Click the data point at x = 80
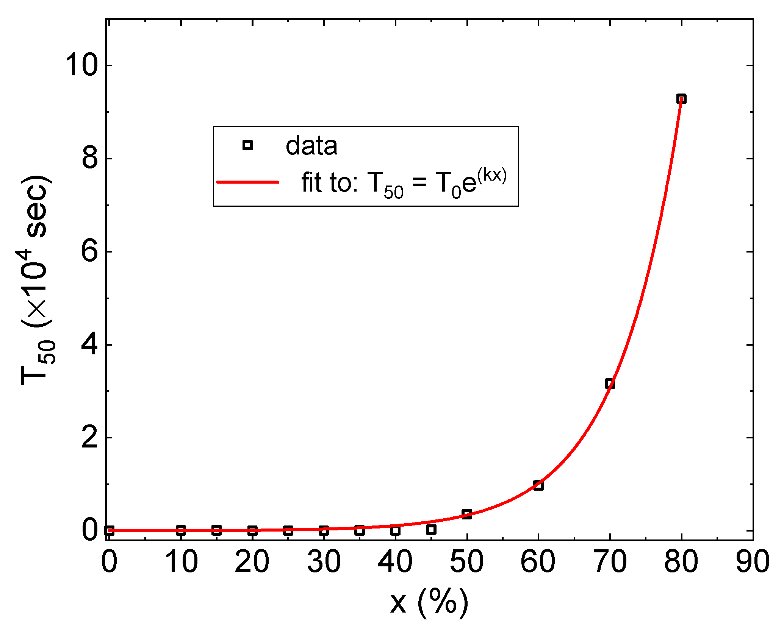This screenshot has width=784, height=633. coord(681,99)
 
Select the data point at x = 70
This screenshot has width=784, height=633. coord(610,384)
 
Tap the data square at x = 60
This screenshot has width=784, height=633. coord(538,485)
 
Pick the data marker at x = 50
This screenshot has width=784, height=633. coord(467,514)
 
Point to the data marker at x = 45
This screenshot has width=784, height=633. coord(431,529)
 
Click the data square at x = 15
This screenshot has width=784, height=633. coord(216,530)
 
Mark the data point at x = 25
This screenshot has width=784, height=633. coord(288,530)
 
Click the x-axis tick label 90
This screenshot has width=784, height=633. coord(753,562)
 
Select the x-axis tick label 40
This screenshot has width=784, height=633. coord(395,562)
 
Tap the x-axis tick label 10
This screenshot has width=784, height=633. coord(181,562)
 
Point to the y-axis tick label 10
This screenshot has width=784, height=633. coord(81,65)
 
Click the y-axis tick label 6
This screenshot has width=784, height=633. coord(90,251)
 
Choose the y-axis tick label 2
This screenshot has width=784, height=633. coord(90,438)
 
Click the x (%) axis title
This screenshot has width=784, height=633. coord(429,602)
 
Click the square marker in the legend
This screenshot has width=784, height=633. coord(247,145)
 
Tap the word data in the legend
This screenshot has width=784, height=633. coord(311,146)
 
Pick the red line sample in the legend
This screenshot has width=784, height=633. coord(247,182)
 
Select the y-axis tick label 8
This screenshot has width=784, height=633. coord(90,158)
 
